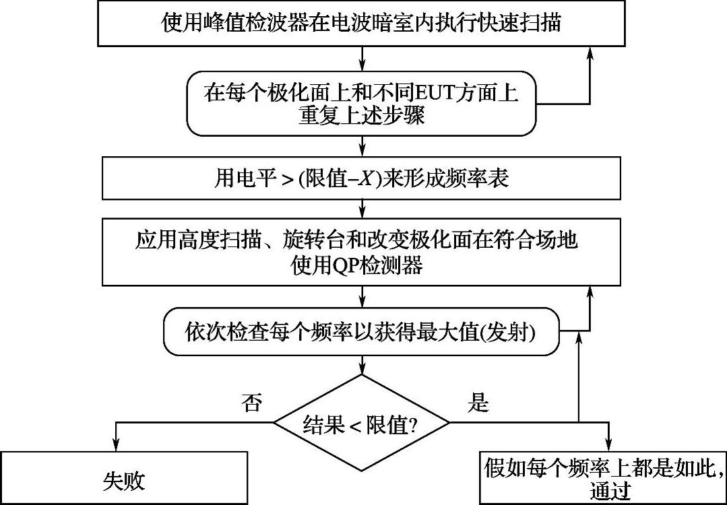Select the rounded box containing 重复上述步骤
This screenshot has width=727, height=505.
point(362,103)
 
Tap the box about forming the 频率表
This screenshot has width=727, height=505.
point(362,179)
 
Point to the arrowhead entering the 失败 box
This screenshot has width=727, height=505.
point(116,445)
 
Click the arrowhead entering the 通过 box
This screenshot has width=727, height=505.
point(608,445)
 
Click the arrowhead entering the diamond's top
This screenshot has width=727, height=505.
point(363,368)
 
